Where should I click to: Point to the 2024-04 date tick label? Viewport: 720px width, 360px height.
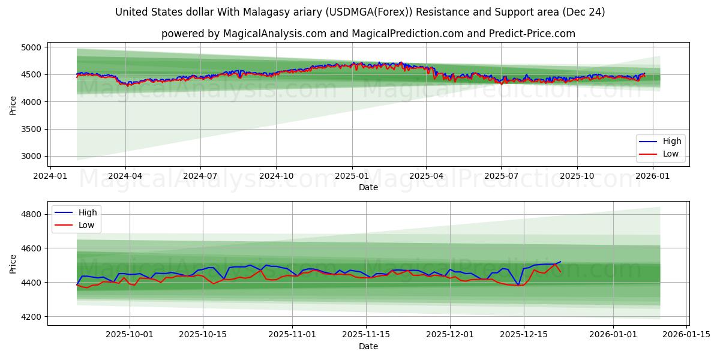(x=125, y=176)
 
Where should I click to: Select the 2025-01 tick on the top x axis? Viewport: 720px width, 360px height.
(x=352, y=176)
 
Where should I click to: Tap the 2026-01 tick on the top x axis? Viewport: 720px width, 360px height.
(x=652, y=176)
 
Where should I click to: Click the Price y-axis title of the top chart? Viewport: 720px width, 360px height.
(x=13, y=106)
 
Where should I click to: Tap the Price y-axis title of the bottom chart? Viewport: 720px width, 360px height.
(x=13, y=264)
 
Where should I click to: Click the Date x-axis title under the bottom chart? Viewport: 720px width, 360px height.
(x=368, y=346)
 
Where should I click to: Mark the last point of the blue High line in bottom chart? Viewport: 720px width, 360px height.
(x=560, y=262)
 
